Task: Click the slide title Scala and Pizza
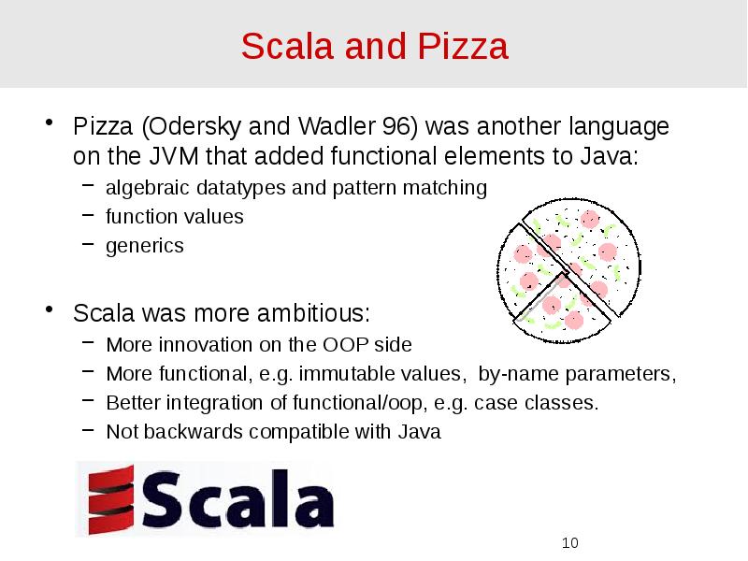click(374, 46)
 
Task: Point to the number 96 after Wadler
click(393, 126)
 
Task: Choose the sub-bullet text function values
click(174, 217)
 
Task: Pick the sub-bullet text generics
click(144, 246)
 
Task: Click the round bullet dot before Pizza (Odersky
click(52, 126)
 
